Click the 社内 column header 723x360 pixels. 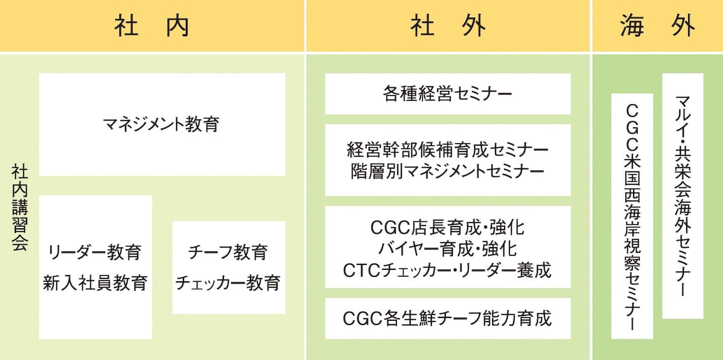152,26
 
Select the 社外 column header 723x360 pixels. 448,26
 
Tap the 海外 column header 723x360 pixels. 657,26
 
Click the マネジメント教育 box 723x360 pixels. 162,124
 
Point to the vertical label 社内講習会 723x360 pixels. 20,208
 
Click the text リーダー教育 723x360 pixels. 95,252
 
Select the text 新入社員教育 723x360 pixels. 95,282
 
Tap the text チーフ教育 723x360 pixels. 228,252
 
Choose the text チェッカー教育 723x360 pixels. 228,282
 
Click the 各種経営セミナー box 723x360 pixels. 447,94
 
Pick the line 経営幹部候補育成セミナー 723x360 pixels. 447,150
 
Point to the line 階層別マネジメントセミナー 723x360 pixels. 447,172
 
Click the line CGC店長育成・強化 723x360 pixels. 447,228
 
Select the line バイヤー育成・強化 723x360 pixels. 447,249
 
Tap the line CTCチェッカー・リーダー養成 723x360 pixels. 447,270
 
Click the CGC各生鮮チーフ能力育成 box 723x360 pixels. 447,318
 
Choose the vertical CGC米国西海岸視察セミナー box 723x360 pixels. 632,216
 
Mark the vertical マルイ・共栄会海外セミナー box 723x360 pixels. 682,196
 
